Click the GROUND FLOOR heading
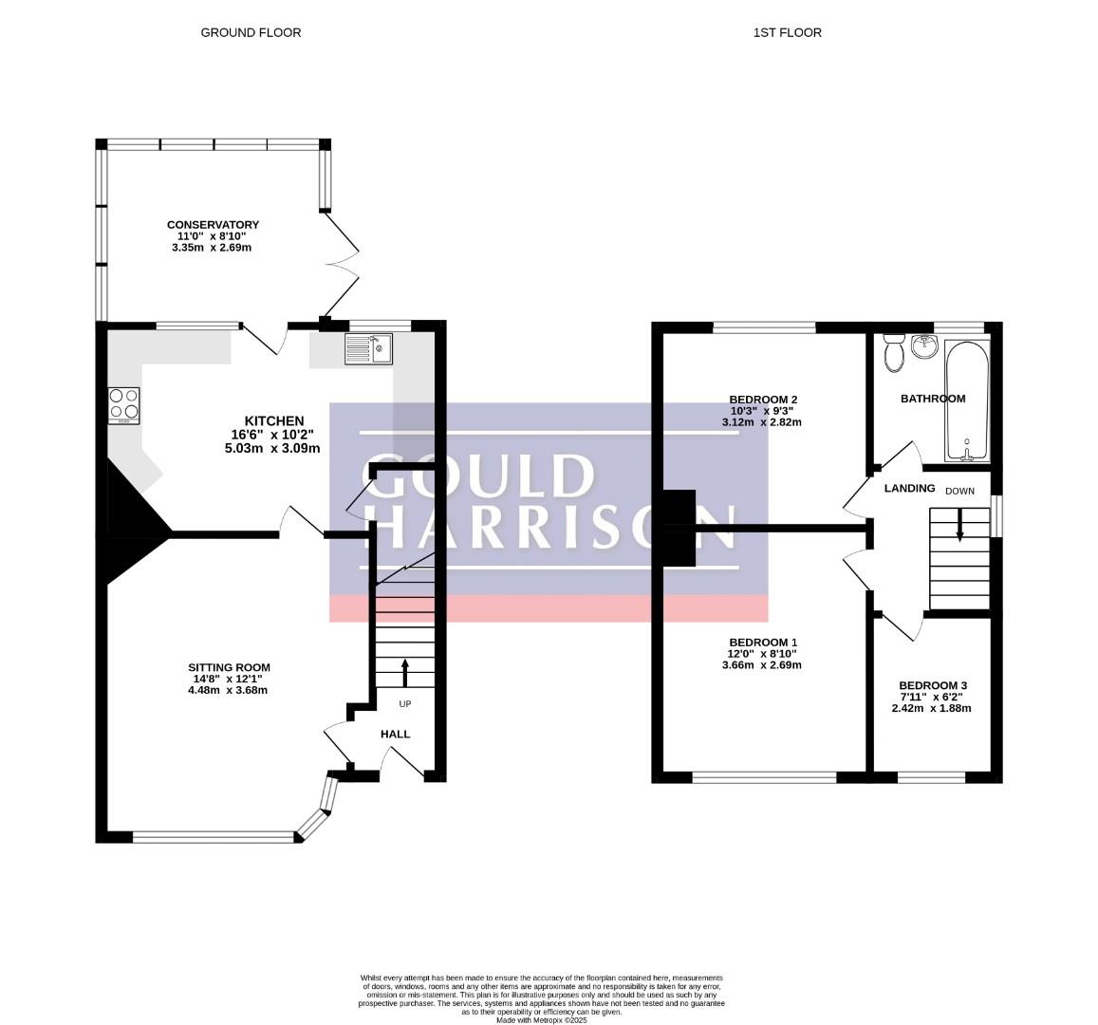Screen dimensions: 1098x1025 click(x=251, y=32)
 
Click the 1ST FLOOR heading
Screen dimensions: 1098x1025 click(x=787, y=32)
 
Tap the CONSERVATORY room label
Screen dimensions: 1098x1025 click(x=213, y=225)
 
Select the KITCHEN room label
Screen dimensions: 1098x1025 click(x=274, y=420)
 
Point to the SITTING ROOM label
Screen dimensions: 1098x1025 click(x=229, y=668)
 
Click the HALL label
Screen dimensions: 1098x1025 click(x=395, y=734)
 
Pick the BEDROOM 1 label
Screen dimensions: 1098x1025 click(x=763, y=643)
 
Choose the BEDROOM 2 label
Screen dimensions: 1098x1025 click(x=763, y=400)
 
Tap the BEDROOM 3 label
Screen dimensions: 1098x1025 click(x=933, y=685)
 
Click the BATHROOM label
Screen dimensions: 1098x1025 click(x=933, y=399)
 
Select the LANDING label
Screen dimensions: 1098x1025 click(x=910, y=488)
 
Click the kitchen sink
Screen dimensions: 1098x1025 click(x=369, y=348)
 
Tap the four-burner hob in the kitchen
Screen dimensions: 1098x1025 click(x=124, y=405)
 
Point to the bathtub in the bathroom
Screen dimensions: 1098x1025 click(x=967, y=401)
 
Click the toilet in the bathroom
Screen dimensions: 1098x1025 click(x=894, y=353)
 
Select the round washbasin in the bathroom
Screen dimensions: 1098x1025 click(x=925, y=345)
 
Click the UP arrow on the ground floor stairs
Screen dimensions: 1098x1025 click(x=404, y=673)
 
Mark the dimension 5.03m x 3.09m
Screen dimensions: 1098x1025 click(x=272, y=448)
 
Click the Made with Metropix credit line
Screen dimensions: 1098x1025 click(x=541, y=1021)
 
